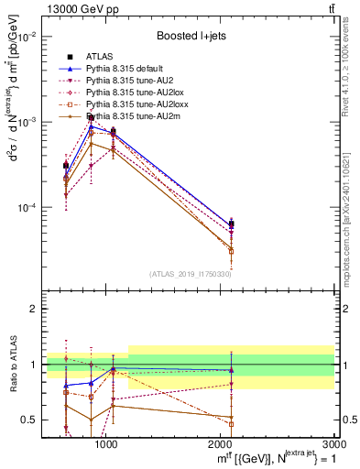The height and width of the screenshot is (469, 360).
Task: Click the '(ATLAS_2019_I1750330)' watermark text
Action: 191,274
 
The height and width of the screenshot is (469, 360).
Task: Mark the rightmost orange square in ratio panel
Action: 231,424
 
